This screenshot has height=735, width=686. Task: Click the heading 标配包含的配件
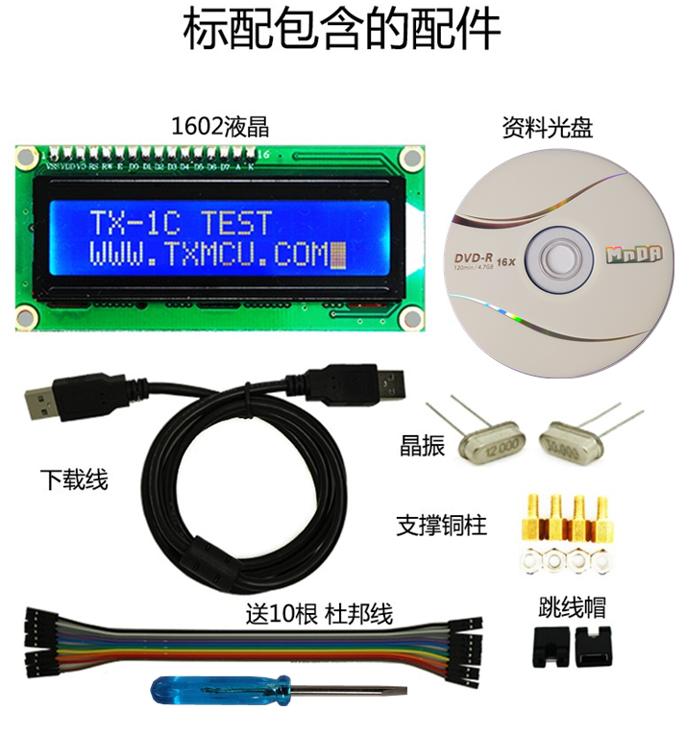(342, 31)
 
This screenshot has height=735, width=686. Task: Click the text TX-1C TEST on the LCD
(181, 223)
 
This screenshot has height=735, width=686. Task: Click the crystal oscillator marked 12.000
(493, 446)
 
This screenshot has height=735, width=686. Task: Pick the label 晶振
(423, 445)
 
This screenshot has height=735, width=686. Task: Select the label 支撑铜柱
(441, 526)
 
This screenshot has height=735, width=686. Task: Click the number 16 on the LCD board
(265, 153)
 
